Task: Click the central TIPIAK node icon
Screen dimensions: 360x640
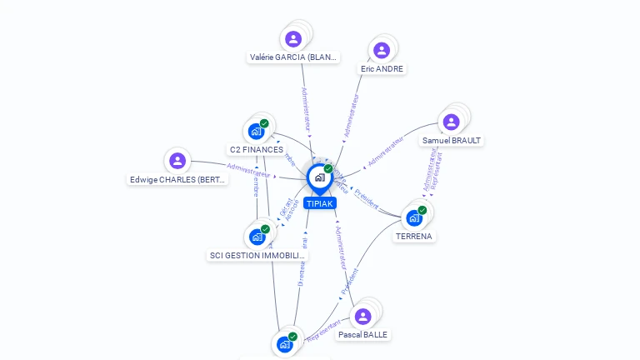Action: (x=319, y=177)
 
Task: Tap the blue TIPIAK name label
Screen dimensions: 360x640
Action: (x=319, y=203)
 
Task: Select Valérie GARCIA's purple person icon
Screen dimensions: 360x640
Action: (x=293, y=38)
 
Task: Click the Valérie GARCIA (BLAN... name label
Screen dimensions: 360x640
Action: (x=293, y=57)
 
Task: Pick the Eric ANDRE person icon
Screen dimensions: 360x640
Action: (x=382, y=50)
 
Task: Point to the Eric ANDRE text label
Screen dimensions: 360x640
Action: (x=382, y=69)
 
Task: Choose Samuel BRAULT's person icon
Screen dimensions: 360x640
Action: (x=452, y=122)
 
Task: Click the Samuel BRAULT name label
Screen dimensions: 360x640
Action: (x=452, y=141)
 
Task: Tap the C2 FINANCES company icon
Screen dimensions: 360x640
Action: (x=257, y=131)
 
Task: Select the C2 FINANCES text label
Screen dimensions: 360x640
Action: (x=257, y=150)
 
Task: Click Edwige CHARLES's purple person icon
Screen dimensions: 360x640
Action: (x=177, y=161)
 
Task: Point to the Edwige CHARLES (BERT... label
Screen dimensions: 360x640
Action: (x=177, y=180)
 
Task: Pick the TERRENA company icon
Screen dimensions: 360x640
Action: (x=414, y=217)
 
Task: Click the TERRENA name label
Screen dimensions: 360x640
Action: (x=414, y=237)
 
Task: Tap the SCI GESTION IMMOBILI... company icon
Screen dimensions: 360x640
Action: (x=257, y=237)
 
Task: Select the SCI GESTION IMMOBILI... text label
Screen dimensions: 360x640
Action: (x=257, y=256)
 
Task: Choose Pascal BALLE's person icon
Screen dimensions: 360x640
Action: (x=362, y=316)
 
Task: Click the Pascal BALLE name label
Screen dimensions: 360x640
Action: (x=362, y=335)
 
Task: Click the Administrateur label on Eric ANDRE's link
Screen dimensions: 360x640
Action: (x=352, y=116)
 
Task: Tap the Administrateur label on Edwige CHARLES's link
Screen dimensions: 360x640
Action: (x=248, y=172)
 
